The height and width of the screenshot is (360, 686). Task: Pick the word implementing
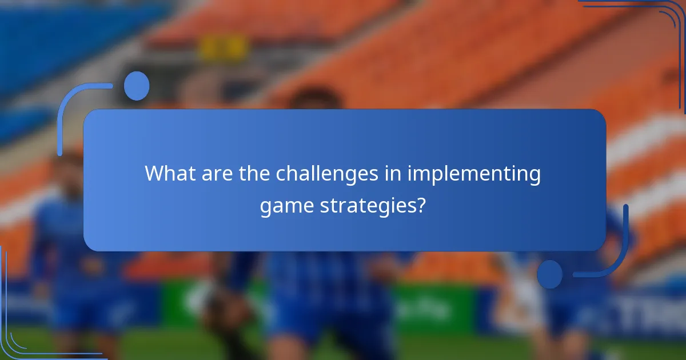[474, 173]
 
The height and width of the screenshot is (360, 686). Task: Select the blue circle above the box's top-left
[137, 86]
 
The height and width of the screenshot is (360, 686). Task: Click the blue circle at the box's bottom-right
[550, 274]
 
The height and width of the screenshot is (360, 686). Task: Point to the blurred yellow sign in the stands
[224, 47]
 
